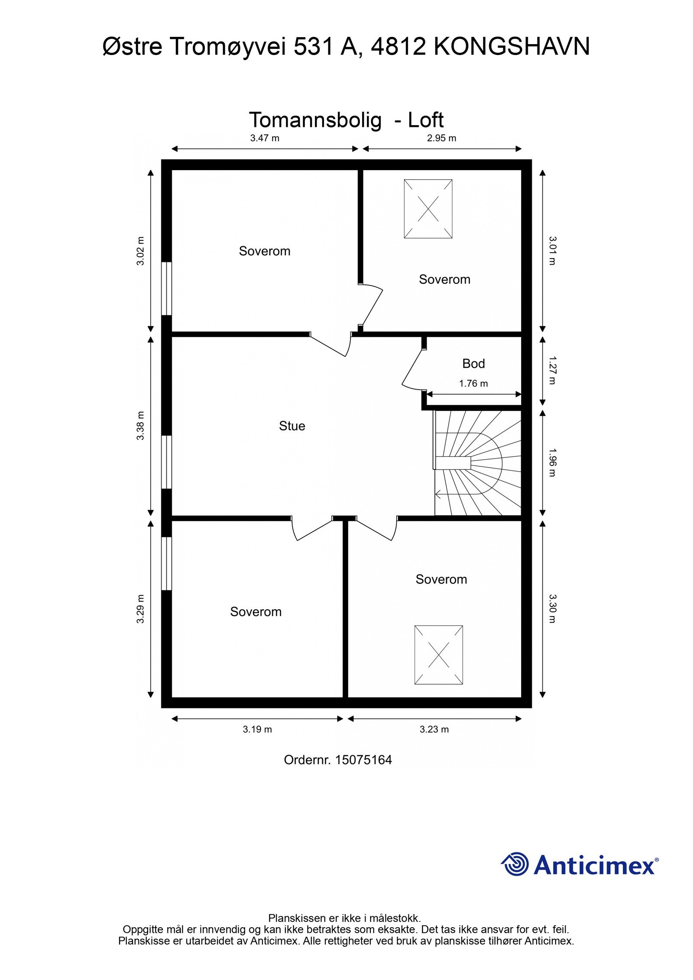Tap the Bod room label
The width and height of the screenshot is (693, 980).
(x=473, y=363)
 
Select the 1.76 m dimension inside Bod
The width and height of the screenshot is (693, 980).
(x=473, y=384)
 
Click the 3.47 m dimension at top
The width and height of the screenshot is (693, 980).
(x=265, y=138)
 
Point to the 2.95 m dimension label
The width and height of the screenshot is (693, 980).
(x=442, y=138)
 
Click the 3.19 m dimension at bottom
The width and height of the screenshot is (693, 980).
(x=257, y=729)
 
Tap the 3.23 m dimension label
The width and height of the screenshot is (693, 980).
(x=434, y=729)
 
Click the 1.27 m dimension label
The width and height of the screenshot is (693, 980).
(x=552, y=370)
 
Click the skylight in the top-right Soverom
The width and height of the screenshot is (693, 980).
(x=428, y=209)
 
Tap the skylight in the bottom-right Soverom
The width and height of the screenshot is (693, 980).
(x=438, y=655)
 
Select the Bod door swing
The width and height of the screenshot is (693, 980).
(x=411, y=370)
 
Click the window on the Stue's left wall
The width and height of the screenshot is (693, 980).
(x=166, y=462)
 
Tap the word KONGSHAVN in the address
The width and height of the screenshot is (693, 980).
(x=511, y=47)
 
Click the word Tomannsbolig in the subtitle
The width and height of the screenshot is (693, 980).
(x=315, y=120)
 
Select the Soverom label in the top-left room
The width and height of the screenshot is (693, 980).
(x=265, y=251)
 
